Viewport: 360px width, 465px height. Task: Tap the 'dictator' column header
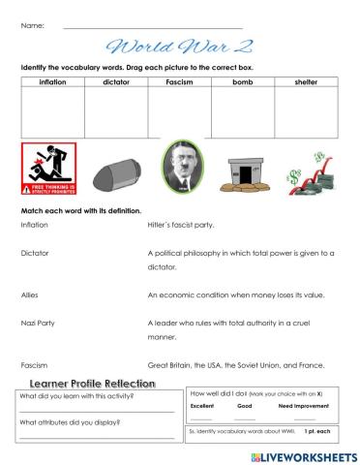[115, 82]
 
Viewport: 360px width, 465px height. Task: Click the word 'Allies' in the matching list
[31, 294]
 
